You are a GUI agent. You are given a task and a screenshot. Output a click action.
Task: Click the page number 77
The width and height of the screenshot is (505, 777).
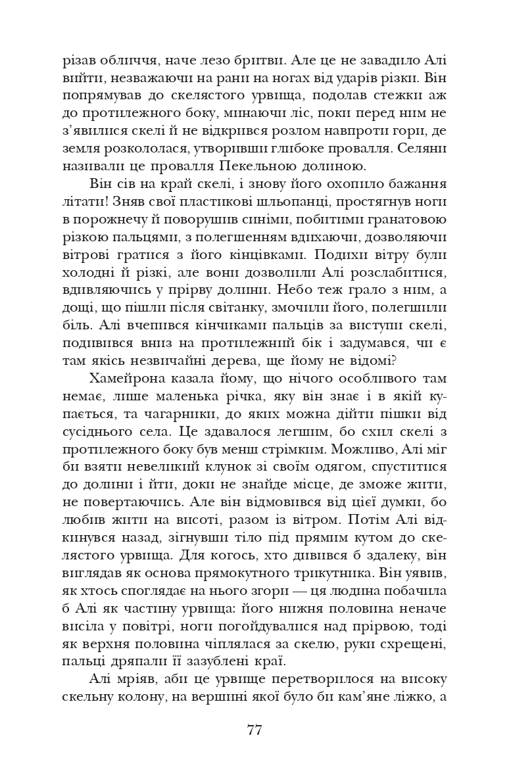click(254, 730)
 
